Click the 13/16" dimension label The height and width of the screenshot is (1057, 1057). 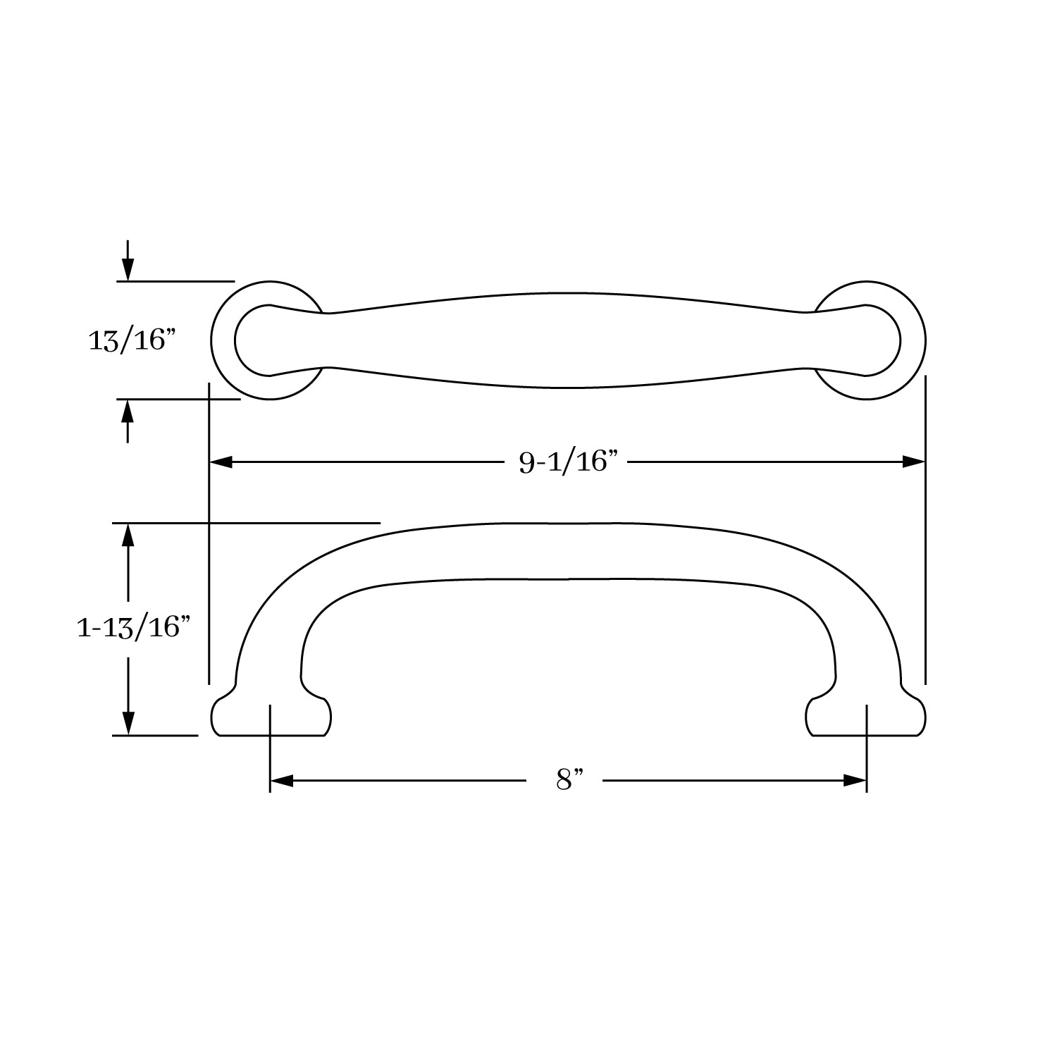point(131,341)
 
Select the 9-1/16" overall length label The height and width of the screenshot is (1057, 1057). point(568,462)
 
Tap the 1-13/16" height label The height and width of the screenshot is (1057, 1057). point(134,626)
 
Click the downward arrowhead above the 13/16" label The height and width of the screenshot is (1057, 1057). point(128,268)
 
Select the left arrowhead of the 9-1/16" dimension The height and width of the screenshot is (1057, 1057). point(221,462)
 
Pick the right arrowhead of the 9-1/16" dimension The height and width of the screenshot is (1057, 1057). point(913,462)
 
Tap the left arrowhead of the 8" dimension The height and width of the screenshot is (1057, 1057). point(281,781)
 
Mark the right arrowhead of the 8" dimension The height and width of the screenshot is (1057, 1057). point(855,781)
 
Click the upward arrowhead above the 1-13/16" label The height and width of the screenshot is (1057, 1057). point(128,536)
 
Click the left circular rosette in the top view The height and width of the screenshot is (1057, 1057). point(224,340)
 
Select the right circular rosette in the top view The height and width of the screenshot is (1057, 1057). point(913,341)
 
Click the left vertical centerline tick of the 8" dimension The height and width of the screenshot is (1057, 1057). point(270,747)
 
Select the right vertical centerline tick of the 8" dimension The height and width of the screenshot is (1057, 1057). point(866,747)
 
